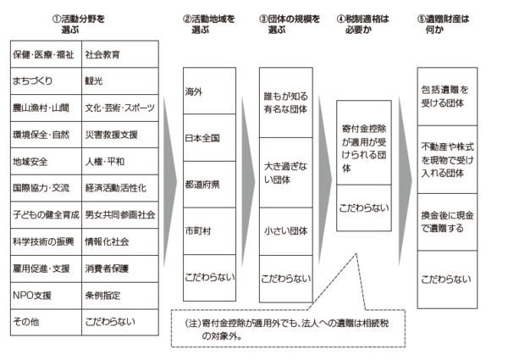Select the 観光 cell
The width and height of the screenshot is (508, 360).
(x=120, y=81)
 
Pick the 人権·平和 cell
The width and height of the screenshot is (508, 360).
(x=120, y=161)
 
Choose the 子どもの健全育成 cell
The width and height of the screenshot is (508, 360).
(x=45, y=215)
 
